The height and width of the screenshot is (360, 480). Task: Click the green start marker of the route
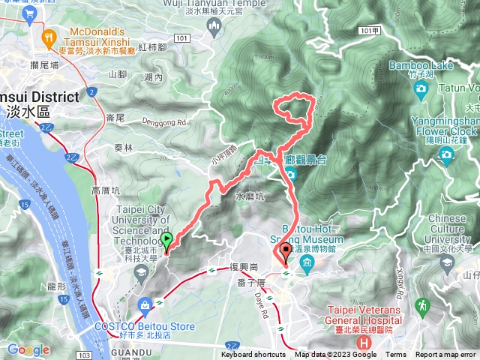166,240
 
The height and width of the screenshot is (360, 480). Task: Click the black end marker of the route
285,252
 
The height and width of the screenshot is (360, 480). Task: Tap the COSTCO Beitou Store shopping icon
143,304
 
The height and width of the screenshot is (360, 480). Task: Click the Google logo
28,349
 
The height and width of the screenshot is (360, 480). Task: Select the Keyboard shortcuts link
253,355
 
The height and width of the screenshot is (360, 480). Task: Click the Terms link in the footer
396,355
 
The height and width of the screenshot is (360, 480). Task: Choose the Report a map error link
446,355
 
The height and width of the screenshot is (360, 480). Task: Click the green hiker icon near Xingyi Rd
423,304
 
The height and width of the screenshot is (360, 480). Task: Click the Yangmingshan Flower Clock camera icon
447,156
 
